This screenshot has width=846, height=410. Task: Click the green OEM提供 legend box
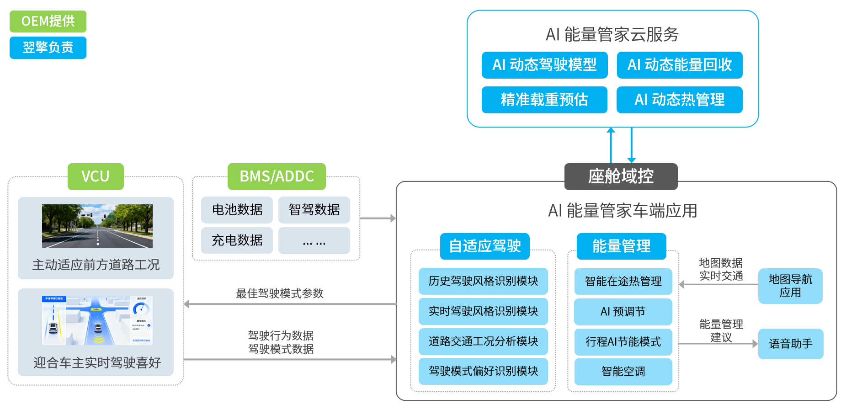pos(48,21)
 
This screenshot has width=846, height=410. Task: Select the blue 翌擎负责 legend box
pos(48,48)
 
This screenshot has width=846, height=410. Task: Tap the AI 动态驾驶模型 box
pos(544,65)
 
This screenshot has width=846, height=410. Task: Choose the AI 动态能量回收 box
pos(679,65)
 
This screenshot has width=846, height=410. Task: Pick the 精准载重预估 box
pos(544,100)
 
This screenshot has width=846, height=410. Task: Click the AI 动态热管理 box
pos(679,100)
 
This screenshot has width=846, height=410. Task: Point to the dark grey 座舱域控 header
pos(621,176)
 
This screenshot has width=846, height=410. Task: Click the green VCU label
pos(96,176)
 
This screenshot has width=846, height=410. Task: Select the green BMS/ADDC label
pos(277,176)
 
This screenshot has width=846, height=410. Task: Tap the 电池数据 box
pos(237,210)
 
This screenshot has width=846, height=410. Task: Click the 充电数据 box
pos(237,240)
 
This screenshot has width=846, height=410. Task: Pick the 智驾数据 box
pos(314,210)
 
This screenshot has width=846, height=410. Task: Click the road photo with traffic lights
pos(97,226)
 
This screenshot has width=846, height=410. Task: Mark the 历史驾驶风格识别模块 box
pos(483,281)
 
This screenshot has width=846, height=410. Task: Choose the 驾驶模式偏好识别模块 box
pos(483,371)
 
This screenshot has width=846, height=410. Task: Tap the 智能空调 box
pos(623,372)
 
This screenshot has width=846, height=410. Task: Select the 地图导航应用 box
pos(790,286)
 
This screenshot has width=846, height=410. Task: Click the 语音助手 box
pos(791,344)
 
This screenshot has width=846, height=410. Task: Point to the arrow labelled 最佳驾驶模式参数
pos(290,304)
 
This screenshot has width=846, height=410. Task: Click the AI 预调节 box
pos(623,312)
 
